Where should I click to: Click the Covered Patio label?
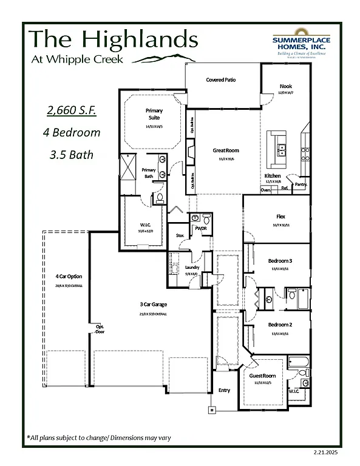221,79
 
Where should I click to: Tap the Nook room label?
285,87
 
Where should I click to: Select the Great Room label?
225,150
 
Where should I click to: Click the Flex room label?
280,216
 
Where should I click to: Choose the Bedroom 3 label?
280,261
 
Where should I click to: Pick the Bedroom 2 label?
280,325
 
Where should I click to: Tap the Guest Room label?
263,376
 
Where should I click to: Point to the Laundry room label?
192,267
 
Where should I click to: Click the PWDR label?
200,229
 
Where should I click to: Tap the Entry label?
224,390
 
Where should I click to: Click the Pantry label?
301,184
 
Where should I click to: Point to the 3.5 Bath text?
72,154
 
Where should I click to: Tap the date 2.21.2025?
327,453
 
